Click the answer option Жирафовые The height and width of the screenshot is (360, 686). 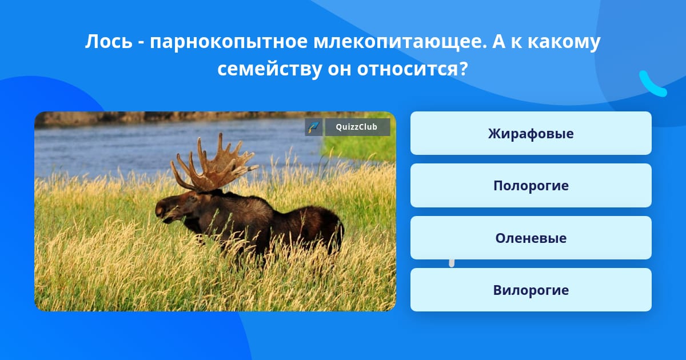coord(531,133)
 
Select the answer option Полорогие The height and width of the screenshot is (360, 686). coord(531,186)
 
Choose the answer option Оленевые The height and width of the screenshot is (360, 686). coord(531,238)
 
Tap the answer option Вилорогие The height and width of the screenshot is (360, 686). coord(531,290)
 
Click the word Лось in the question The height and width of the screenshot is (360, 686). coord(109,41)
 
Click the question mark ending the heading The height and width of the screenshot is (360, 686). coord(464,68)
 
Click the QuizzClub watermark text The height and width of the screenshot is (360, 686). coord(357,127)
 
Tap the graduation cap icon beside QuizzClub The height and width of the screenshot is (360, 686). coord(314,127)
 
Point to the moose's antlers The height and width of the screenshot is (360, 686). coord(214,164)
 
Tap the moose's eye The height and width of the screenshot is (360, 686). coord(192,198)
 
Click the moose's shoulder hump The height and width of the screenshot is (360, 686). coord(254,203)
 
